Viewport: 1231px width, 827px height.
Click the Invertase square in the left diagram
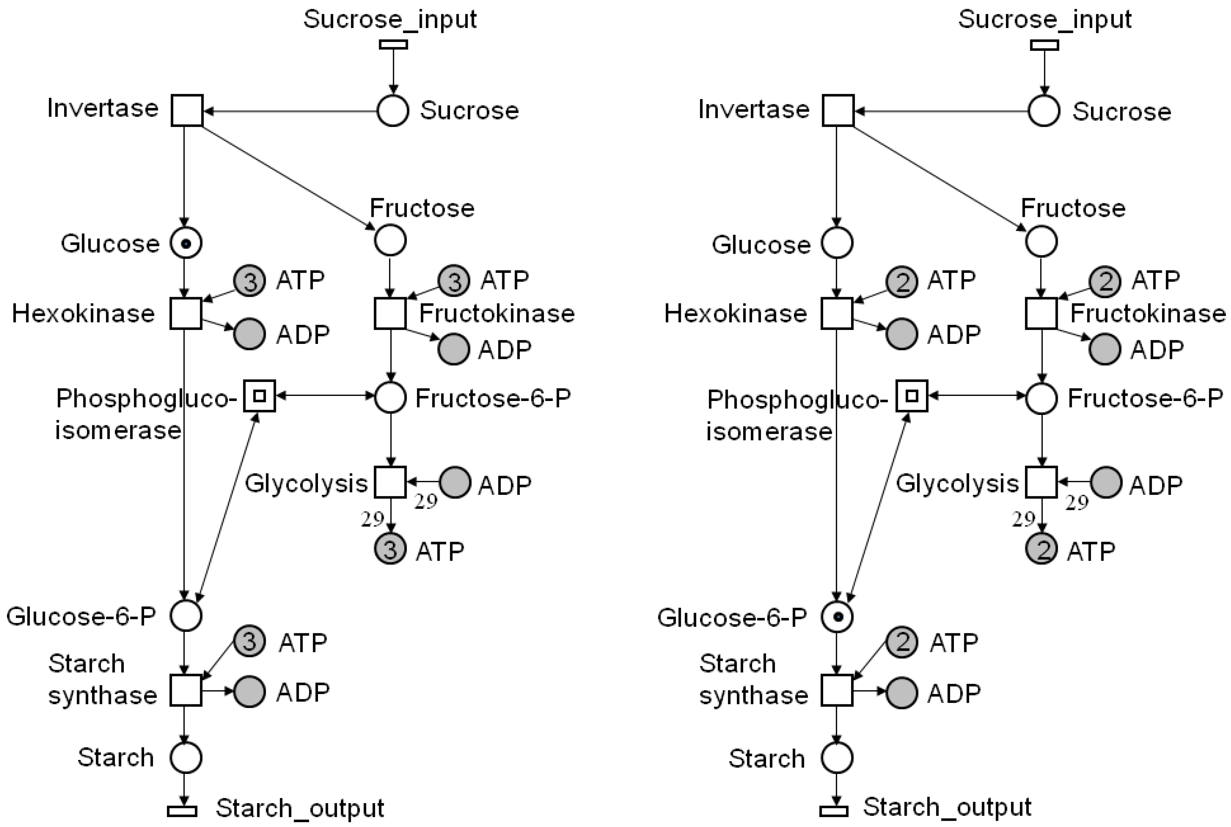(187, 111)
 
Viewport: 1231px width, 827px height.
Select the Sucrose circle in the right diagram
(1044, 111)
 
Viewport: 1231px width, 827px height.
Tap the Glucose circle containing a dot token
(186, 243)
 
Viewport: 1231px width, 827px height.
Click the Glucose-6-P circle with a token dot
(837, 616)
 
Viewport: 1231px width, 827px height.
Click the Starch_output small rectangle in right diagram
(834, 811)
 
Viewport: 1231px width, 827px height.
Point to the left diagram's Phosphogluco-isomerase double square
(259, 395)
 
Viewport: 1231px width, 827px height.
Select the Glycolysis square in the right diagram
(1041, 482)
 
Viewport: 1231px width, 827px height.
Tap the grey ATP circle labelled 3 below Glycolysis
(390, 549)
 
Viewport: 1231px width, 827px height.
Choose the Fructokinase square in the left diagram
(390, 313)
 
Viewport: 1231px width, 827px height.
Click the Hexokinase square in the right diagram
(837, 313)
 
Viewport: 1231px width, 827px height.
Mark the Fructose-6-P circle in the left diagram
(391, 397)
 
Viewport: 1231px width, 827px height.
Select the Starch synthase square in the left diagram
(186, 690)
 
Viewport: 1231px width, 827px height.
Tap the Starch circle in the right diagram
(837, 758)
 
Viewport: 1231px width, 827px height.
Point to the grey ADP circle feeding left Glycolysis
(455, 482)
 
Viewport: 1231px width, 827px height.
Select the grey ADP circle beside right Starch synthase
(902, 693)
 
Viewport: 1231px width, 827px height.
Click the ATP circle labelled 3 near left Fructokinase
(454, 281)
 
